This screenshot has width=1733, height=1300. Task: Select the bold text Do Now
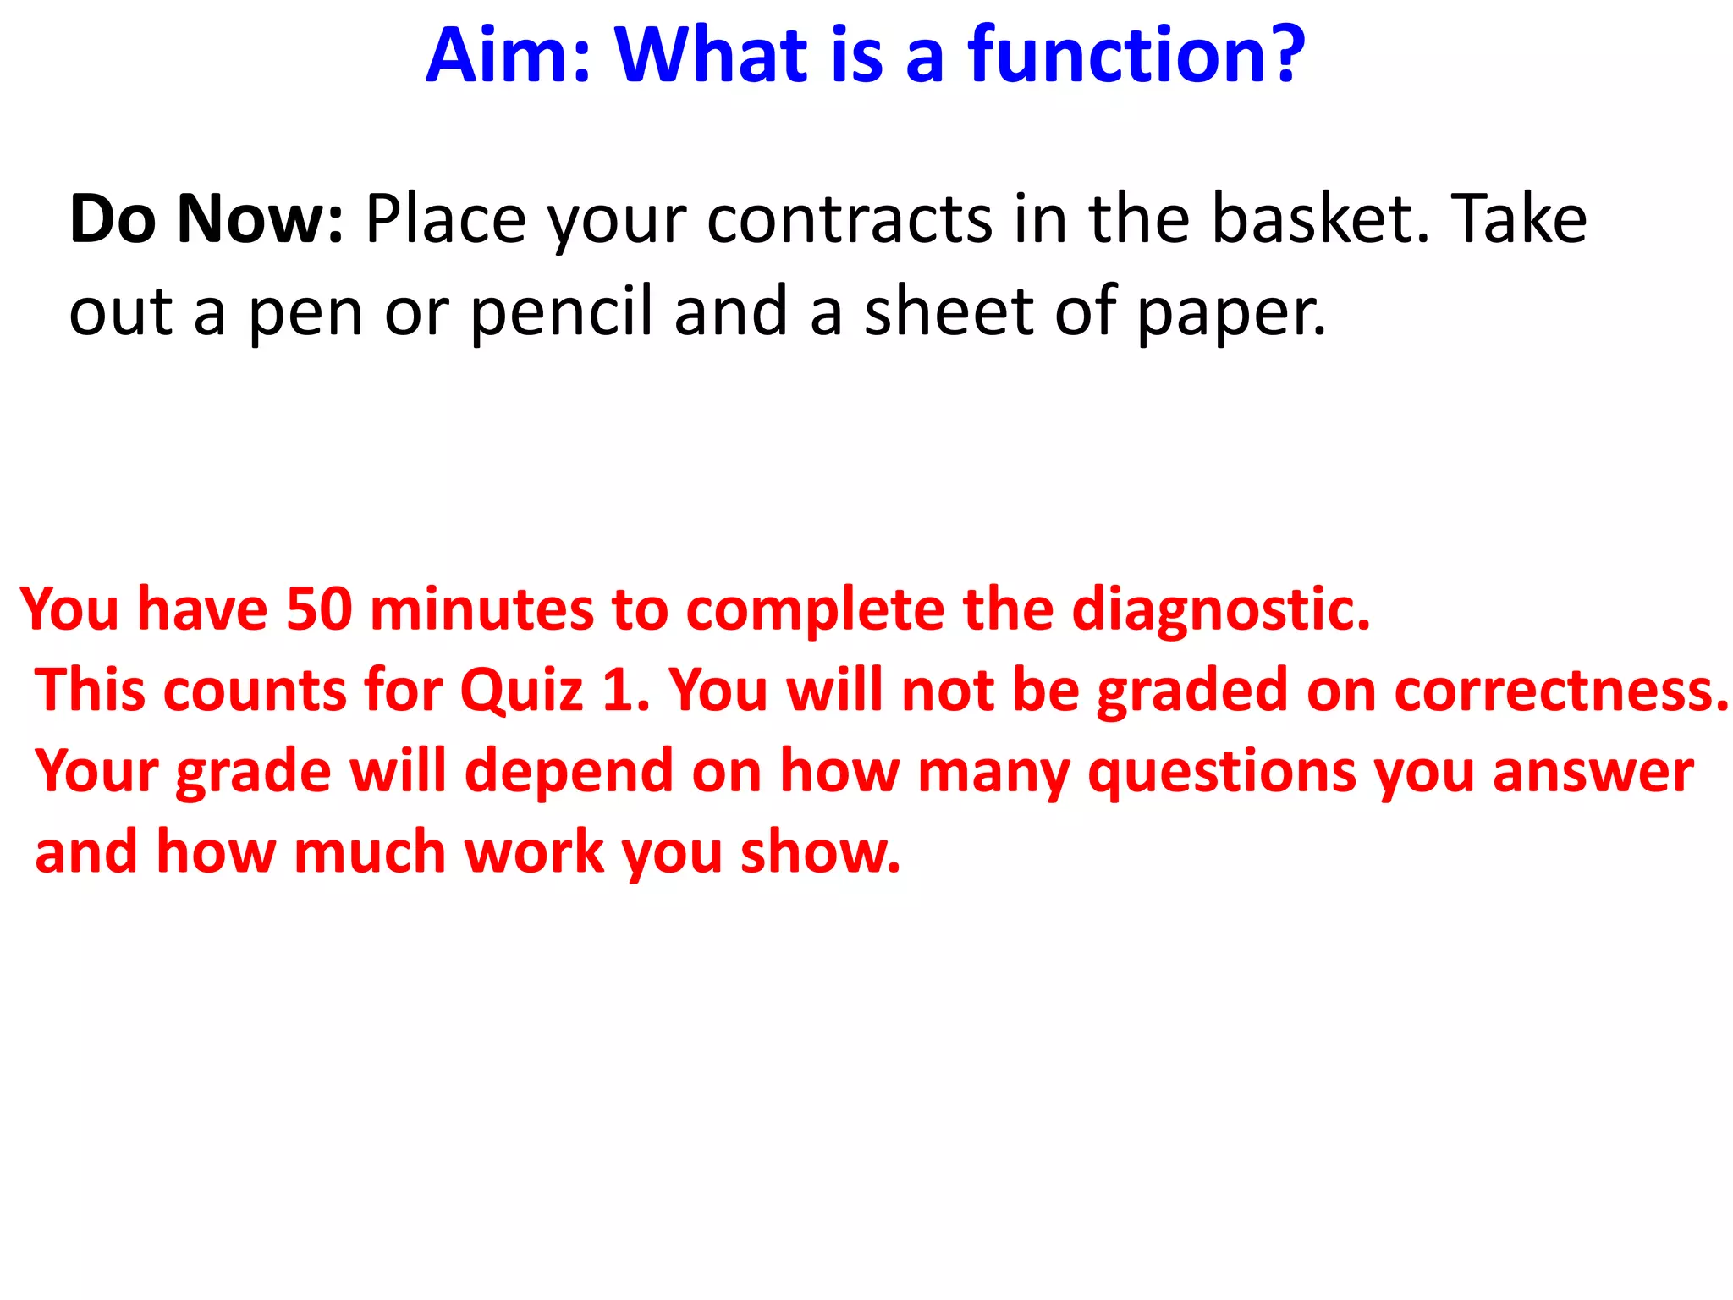pyautogui.click(x=206, y=219)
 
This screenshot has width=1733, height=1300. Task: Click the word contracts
pyautogui.click(x=849, y=219)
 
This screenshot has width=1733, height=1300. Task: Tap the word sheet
pyautogui.click(x=949, y=311)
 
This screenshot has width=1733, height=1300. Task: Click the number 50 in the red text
pyautogui.click(x=319, y=609)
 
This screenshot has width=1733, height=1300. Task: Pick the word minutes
pyautogui.click(x=481, y=609)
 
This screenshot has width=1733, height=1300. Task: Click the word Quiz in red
pyautogui.click(x=521, y=691)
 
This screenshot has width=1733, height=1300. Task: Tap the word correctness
pyautogui.click(x=1561, y=691)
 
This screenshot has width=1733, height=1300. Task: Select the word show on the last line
pyautogui.click(x=819, y=853)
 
